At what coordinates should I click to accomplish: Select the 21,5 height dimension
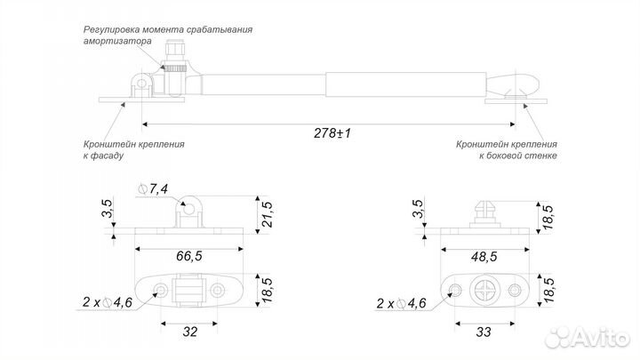tap(265, 214)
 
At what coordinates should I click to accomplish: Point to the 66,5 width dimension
tap(188, 255)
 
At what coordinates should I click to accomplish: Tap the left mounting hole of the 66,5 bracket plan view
tap(161, 290)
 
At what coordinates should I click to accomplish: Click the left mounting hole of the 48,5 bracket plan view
tap(453, 290)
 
